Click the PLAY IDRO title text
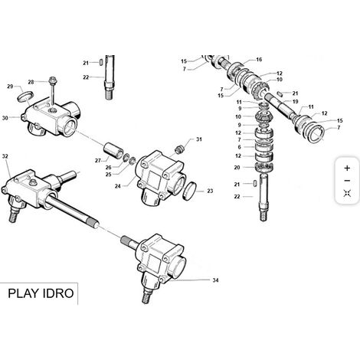click(41, 293)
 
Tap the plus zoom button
click(347, 168)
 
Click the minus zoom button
click(347, 181)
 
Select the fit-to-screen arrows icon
click(347, 193)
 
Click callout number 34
click(215, 280)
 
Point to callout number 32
click(5, 156)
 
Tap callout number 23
click(210, 191)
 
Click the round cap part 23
click(190, 191)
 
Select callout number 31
click(198, 139)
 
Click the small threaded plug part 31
click(180, 149)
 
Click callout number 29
click(10, 87)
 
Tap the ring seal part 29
click(25, 97)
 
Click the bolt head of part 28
click(54, 79)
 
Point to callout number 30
click(5, 118)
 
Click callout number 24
click(117, 186)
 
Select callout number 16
click(259, 60)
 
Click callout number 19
click(295, 102)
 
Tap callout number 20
click(237, 168)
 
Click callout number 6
click(239, 147)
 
